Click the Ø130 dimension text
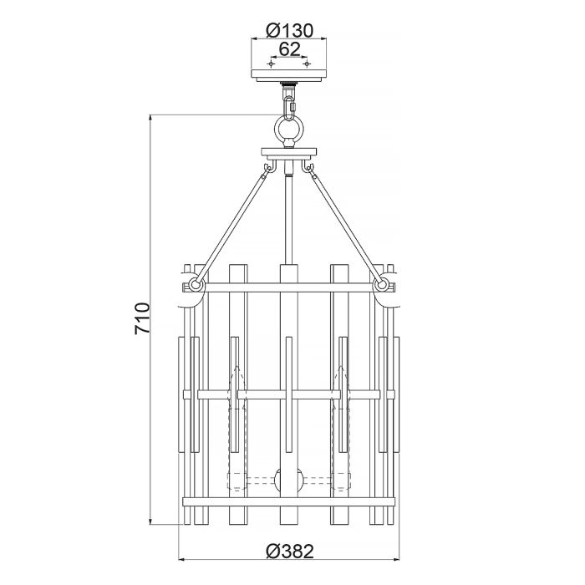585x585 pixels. (x=289, y=31)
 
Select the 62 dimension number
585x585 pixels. (x=289, y=49)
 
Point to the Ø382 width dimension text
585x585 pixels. (x=289, y=551)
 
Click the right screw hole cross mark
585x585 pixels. (x=306, y=64)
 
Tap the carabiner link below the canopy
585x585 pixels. (x=290, y=107)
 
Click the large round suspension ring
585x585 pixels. (x=290, y=131)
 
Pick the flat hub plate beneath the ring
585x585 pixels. (x=289, y=154)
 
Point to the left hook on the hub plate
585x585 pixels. (x=267, y=170)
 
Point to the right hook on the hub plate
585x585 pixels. (x=312, y=170)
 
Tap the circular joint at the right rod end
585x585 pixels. (x=383, y=285)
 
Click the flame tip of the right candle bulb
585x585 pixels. (x=340, y=373)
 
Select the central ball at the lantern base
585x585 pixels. (x=289, y=482)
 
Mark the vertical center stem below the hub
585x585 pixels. (x=289, y=217)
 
